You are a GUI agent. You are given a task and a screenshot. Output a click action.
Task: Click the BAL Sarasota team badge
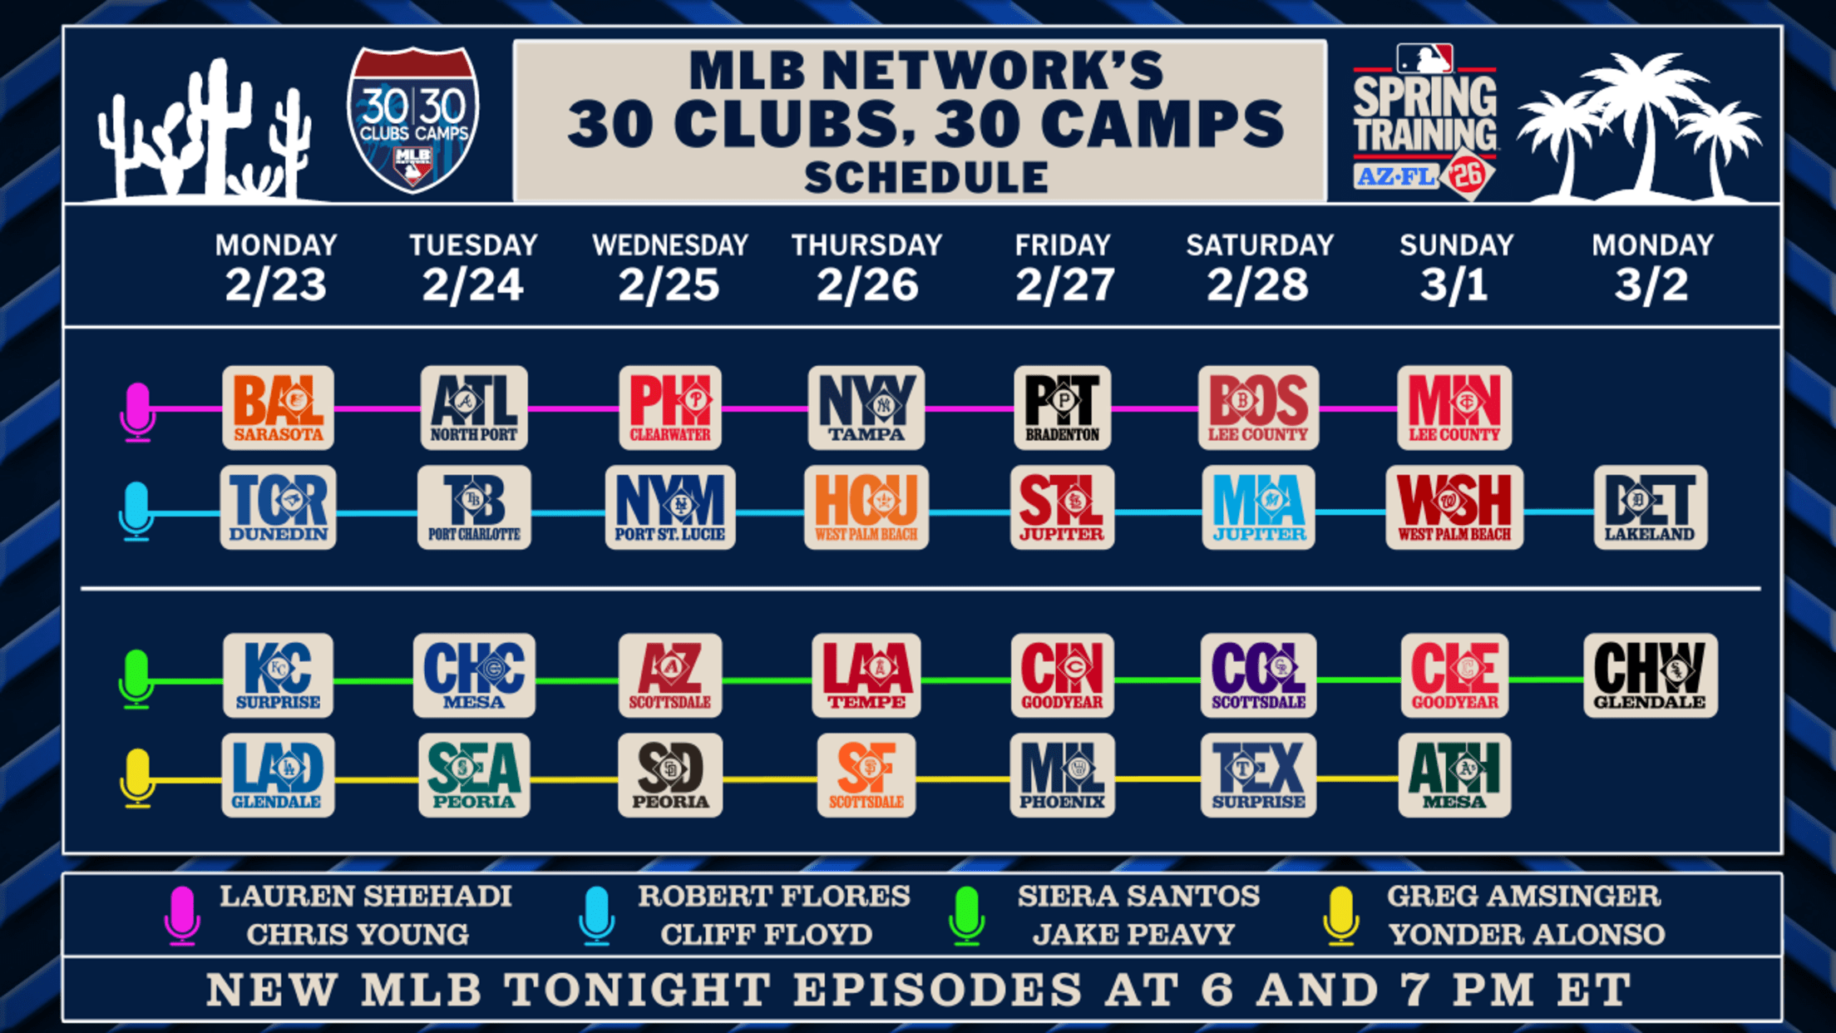tap(279, 408)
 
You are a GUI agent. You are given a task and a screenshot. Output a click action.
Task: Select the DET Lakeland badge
tap(1651, 507)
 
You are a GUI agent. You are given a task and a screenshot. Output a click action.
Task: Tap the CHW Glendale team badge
tap(1651, 675)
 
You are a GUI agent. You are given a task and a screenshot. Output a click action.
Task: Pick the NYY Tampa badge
tap(866, 408)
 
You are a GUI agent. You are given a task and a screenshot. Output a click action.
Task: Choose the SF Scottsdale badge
tap(866, 775)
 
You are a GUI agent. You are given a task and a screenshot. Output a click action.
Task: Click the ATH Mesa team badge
tap(1454, 775)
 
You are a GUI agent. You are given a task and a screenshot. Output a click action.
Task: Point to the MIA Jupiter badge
tap(1258, 507)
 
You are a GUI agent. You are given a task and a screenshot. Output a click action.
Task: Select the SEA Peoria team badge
tap(474, 775)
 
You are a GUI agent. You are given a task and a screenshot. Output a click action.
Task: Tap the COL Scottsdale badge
tap(1258, 675)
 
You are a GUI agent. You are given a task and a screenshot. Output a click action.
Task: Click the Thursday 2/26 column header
tap(866, 268)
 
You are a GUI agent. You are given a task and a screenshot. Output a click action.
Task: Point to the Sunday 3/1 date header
tap(1455, 268)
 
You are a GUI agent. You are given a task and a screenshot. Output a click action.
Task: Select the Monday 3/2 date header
tap(1652, 268)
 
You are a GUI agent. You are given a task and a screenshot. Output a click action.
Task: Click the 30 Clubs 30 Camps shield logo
tap(412, 120)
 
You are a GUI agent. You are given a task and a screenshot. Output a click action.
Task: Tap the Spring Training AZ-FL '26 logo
tap(1425, 121)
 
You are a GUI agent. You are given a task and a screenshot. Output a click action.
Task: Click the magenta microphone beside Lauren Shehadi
tap(182, 916)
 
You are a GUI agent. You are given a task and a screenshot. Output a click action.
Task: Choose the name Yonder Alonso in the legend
tap(1527, 935)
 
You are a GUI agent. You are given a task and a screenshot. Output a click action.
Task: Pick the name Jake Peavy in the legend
tap(1133, 935)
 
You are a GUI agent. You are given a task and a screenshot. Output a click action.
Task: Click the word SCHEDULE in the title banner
tap(926, 177)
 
